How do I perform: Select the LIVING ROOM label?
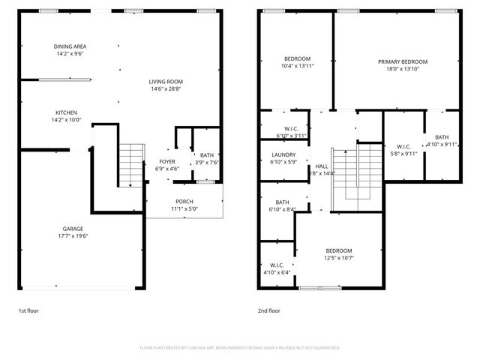point(165,82)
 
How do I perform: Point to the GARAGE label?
point(73,229)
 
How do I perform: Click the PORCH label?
point(184,201)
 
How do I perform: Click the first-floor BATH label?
point(205,155)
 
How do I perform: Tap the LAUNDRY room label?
point(283,154)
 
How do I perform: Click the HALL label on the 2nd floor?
point(322,166)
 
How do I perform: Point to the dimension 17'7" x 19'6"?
point(73,236)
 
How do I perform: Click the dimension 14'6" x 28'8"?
point(165,89)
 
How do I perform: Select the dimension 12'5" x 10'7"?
point(338,258)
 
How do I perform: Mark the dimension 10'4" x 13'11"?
point(296,66)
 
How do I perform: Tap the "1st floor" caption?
point(30,310)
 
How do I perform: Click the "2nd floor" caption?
point(269,310)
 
